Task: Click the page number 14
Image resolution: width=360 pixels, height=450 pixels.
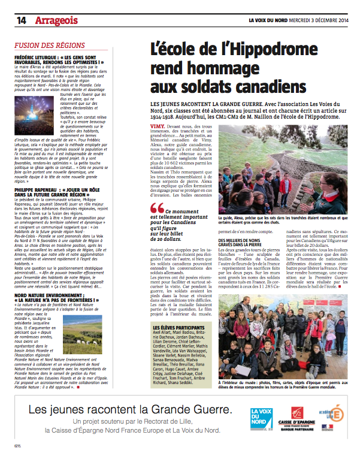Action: click(21, 20)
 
